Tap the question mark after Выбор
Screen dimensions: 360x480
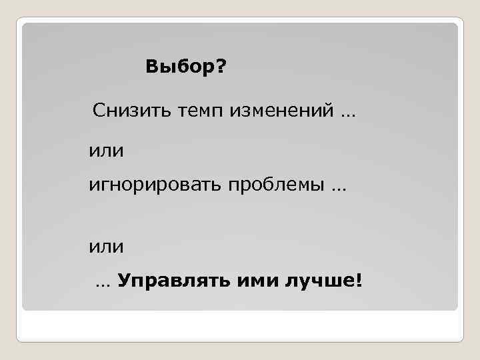[221, 67]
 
